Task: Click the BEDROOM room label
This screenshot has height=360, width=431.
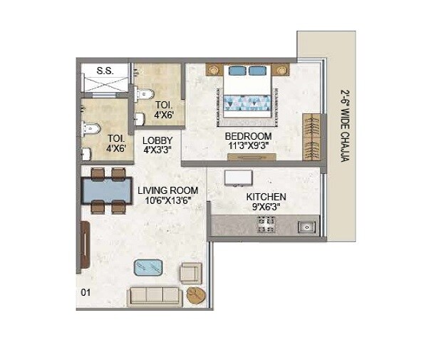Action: point(249,136)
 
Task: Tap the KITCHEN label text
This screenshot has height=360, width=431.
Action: point(266,197)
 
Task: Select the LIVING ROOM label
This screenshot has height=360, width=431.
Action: point(168,190)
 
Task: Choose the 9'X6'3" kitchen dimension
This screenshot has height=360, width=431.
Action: point(266,208)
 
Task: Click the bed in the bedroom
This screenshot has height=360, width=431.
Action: point(249,92)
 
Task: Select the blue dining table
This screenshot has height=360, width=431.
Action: point(108,191)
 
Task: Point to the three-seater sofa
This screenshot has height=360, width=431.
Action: point(154,296)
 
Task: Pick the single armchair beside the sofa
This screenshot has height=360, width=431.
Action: point(190,273)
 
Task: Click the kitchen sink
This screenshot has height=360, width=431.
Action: point(307,227)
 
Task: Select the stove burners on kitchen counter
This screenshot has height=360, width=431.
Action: point(266,225)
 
